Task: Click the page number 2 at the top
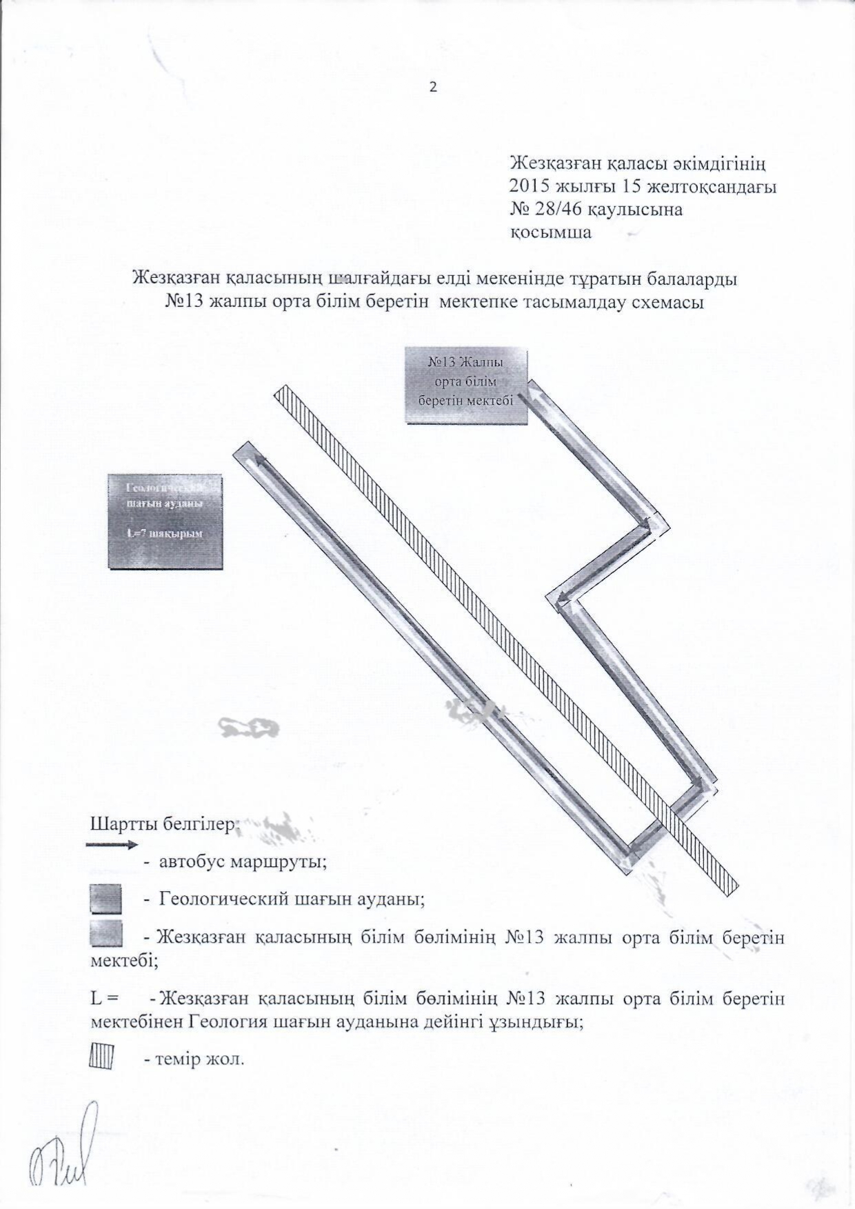[433, 88]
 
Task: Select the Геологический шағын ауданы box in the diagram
[165, 521]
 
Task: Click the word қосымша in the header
[550, 232]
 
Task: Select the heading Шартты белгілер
[164, 824]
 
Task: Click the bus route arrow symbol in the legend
[112, 844]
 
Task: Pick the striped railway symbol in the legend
[101, 1056]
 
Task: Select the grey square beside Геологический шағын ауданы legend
[106, 899]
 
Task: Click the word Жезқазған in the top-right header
[556, 164]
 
